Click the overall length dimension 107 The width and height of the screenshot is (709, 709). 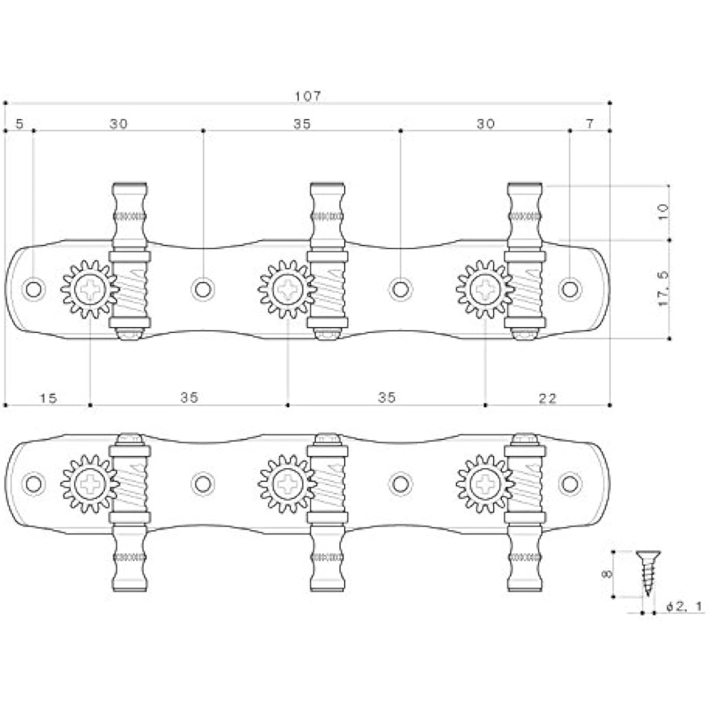click(x=308, y=96)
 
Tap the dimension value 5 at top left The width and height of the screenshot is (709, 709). click(x=19, y=124)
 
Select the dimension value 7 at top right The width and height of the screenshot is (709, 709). click(x=590, y=124)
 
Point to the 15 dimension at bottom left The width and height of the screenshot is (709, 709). click(x=48, y=398)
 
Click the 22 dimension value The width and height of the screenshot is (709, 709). click(x=548, y=398)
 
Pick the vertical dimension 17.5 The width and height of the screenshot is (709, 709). click(x=663, y=288)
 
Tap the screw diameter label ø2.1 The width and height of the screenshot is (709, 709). click(x=685, y=607)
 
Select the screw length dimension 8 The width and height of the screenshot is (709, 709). click(x=607, y=574)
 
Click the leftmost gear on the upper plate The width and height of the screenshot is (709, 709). click(x=90, y=289)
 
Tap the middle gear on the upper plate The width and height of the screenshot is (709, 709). click(x=287, y=289)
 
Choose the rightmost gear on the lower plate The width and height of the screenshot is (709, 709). click(x=485, y=483)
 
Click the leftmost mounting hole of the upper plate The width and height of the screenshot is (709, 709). click(x=34, y=289)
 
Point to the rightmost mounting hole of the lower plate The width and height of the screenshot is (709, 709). click(x=570, y=483)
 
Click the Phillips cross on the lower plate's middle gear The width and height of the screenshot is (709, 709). click(x=287, y=483)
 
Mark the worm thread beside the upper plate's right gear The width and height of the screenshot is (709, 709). click(x=525, y=289)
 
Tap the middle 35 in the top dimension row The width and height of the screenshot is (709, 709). click(x=302, y=124)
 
